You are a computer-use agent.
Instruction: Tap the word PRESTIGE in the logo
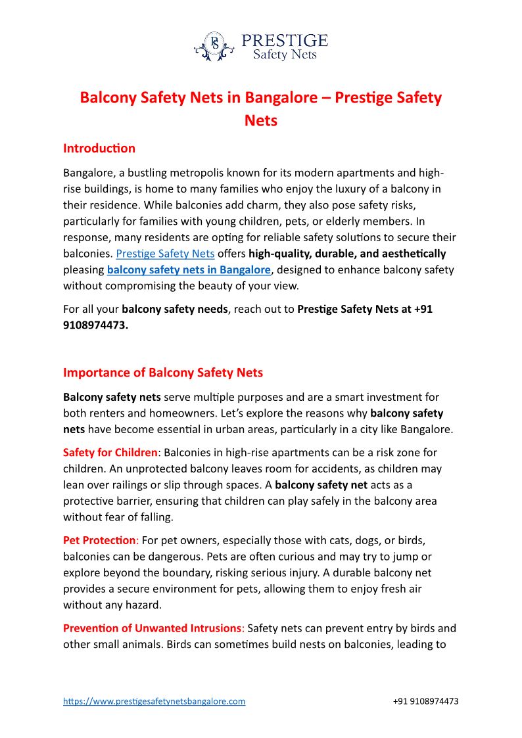click(x=284, y=41)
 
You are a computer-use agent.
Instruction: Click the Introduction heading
click(x=99, y=148)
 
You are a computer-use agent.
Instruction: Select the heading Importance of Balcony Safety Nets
click(x=163, y=373)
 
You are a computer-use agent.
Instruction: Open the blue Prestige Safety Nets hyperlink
click(x=165, y=254)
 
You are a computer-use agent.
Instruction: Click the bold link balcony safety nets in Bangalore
click(x=189, y=269)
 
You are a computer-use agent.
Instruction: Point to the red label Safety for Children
click(x=110, y=453)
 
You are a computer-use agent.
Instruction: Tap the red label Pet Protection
click(x=99, y=540)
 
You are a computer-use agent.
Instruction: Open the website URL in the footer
click(x=154, y=701)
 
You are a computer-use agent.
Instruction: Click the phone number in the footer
click(x=425, y=701)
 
